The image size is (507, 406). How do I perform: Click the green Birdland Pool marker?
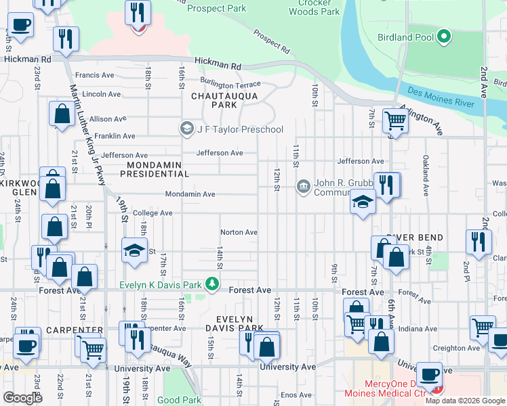[444, 36]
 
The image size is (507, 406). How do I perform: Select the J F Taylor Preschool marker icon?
[186, 129]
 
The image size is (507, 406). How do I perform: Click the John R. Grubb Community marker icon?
[303, 185]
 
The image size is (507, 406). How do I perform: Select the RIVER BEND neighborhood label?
[414, 238]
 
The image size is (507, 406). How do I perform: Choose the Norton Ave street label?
[239, 232]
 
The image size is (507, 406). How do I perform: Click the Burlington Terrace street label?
[225, 85]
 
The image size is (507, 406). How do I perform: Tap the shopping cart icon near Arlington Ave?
[395, 122]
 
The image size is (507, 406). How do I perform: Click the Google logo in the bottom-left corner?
[22, 398]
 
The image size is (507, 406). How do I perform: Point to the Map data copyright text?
[465, 401]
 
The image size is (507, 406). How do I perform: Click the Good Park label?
[179, 400]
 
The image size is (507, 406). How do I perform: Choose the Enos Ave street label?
[296, 394]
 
